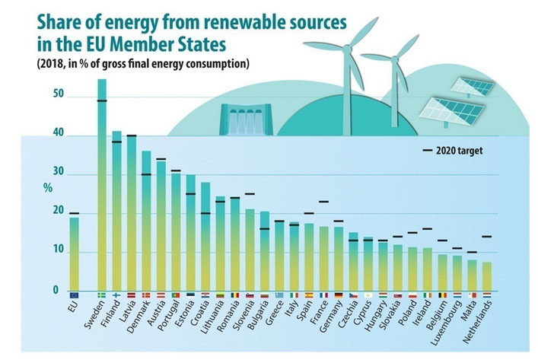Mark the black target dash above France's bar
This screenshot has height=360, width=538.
coord(324,202)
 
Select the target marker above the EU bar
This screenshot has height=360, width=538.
coord(74,214)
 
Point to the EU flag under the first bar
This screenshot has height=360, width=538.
coord(74,295)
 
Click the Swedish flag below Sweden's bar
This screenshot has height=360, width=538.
coord(102,295)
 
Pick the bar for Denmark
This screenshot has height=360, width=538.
coord(146,221)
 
